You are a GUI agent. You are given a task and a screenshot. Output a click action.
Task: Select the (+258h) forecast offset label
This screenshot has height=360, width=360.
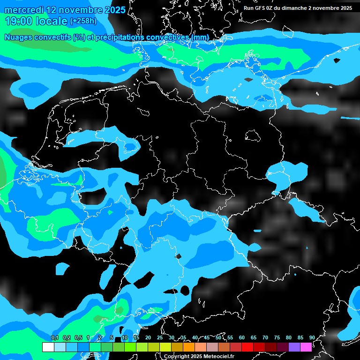(x=83, y=21)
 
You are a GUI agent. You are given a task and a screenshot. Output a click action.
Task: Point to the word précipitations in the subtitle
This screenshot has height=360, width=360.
(x=120, y=37)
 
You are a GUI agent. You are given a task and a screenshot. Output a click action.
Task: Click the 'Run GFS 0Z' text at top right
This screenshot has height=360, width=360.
(x=260, y=8)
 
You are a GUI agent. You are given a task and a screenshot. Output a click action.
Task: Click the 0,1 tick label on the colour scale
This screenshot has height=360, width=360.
(x=54, y=338)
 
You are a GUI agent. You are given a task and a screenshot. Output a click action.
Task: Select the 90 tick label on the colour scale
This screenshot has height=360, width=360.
(x=312, y=337)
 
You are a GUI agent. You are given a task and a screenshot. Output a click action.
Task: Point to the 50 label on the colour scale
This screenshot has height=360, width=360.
(x=218, y=337)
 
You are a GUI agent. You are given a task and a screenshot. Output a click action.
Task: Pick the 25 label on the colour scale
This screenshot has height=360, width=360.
(x=160, y=337)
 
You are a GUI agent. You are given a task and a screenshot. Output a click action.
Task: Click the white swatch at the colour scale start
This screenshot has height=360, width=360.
(x=48, y=347)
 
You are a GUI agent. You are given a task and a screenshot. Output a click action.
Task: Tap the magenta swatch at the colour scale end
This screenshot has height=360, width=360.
(x=306, y=347)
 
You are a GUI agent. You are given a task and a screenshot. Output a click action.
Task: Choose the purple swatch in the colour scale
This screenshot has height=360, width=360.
(x=294, y=347)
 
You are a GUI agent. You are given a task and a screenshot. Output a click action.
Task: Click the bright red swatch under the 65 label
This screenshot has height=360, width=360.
(x=259, y=347)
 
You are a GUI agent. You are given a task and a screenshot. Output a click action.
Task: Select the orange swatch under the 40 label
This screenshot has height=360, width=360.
(x=189, y=347)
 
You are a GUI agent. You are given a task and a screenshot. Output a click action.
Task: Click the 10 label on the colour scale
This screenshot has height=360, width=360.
(x=125, y=337)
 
